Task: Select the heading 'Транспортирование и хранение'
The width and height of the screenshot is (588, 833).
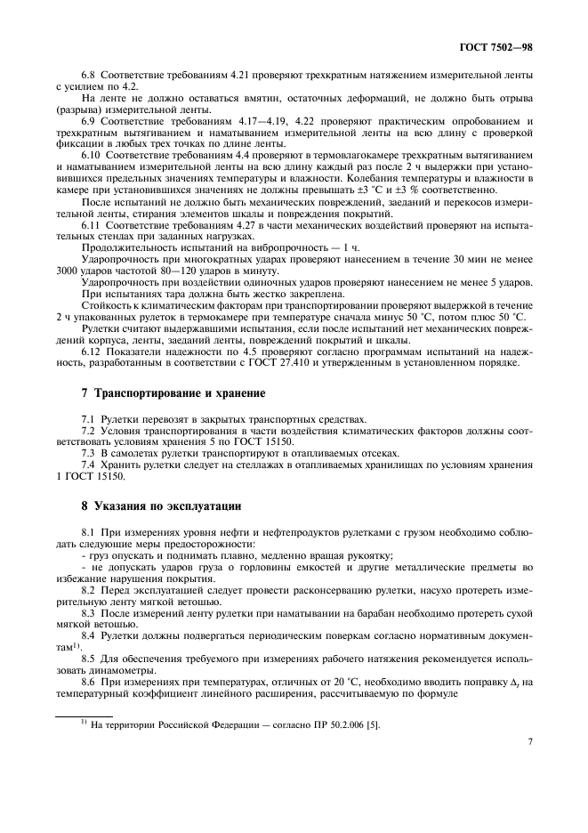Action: pyautogui.click(x=163, y=392)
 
